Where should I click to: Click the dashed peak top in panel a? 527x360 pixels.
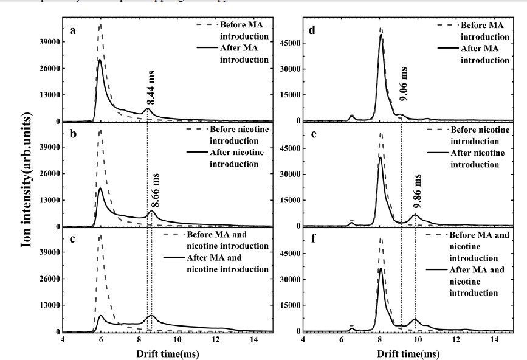(x=100, y=25)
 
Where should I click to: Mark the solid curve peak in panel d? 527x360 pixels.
(x=381, y=35)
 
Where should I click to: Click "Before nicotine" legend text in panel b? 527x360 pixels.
(x=236, y=130)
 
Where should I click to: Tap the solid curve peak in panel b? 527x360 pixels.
(x=100, y=189)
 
